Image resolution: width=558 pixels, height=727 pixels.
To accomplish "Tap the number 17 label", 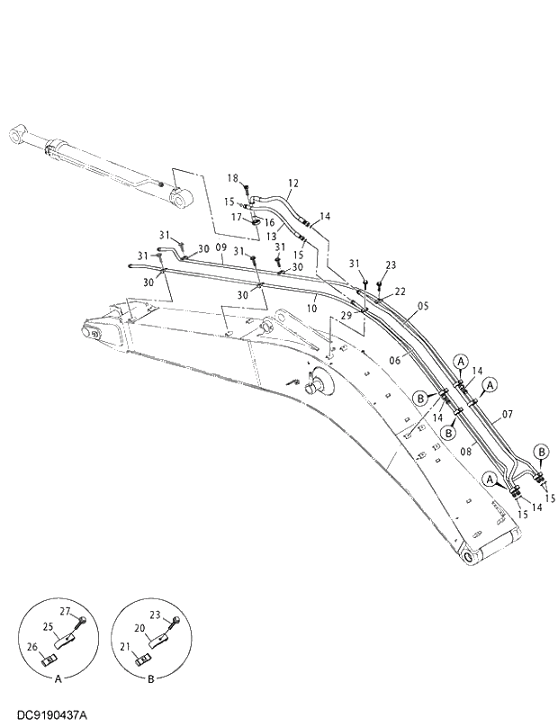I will click(237, 216).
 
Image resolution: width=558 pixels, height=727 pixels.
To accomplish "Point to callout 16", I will click(269, 222).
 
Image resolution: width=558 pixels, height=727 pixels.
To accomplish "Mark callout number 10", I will click(312, 309).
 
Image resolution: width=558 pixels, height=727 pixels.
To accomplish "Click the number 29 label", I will click(346, 315).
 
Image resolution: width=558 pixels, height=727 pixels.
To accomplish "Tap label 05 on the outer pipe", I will click(424, 306).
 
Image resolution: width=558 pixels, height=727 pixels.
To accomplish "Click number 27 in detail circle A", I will click(64, 612).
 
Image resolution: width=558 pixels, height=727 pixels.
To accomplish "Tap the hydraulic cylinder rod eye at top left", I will click(16, 134).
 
